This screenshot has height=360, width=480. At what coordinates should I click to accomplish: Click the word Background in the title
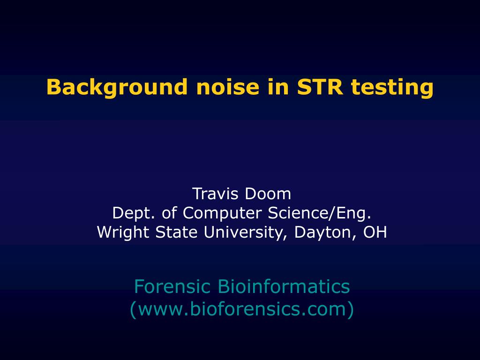click(117, 88)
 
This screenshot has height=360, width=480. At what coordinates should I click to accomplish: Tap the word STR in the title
click(320, 87)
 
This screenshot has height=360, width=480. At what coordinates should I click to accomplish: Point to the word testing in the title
click(392, 88)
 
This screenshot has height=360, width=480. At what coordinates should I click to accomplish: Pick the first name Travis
click(215, 194)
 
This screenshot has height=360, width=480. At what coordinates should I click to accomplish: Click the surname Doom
click(268, 194)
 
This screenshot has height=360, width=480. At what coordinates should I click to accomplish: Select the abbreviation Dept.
click(133, 213)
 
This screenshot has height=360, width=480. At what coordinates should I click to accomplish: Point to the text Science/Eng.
click(319, 213)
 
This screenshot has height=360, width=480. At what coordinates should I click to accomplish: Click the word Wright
click(123, 232)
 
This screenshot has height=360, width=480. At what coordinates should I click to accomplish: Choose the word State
click(176, 232)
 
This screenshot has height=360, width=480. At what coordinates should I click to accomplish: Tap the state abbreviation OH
click(375, 232)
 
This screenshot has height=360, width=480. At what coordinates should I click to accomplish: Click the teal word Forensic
click(172, 286)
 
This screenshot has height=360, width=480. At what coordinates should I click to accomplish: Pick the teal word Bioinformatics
click(284, 286)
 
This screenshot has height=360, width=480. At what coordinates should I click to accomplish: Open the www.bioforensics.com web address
click(242, 309)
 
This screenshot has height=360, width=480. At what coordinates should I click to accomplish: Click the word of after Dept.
click(169, 213)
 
